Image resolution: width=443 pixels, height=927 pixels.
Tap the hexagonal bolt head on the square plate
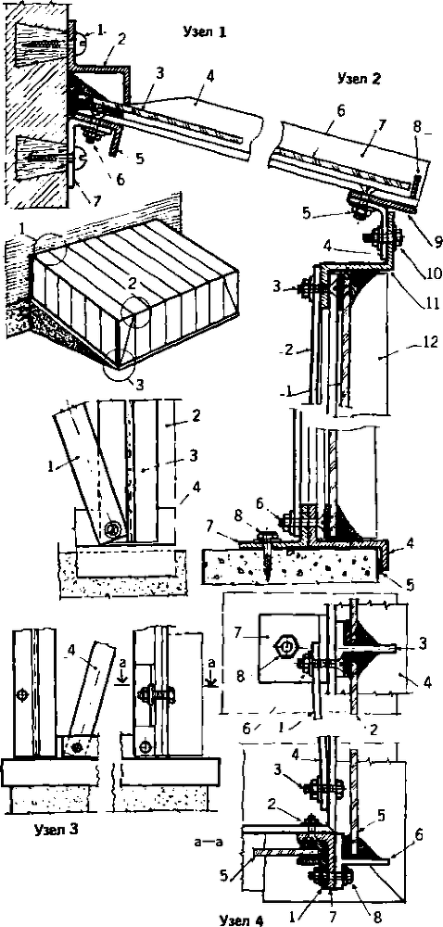(285, 647)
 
